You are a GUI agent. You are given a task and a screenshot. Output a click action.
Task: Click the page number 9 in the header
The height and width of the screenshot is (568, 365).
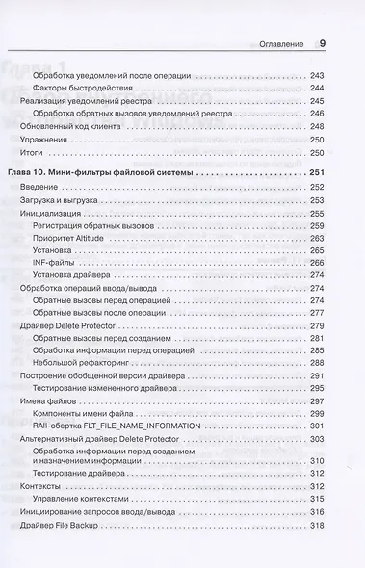(323, 42)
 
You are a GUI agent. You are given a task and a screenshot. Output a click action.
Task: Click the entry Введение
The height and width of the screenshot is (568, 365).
(39, 187)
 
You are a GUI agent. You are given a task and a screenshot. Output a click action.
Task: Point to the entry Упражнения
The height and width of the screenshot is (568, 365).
(46, 138)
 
